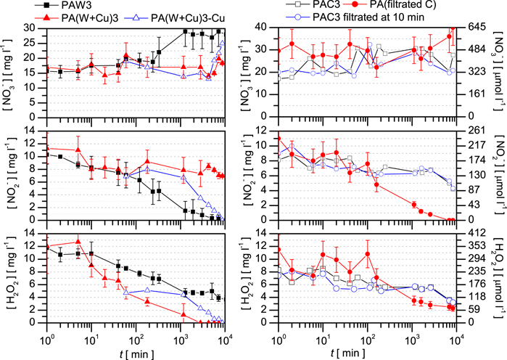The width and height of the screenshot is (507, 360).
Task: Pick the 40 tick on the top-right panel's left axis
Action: point(266,28)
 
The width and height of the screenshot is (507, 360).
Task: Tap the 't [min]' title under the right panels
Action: point(368,351)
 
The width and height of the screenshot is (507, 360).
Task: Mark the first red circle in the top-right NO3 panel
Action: point(279,51)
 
